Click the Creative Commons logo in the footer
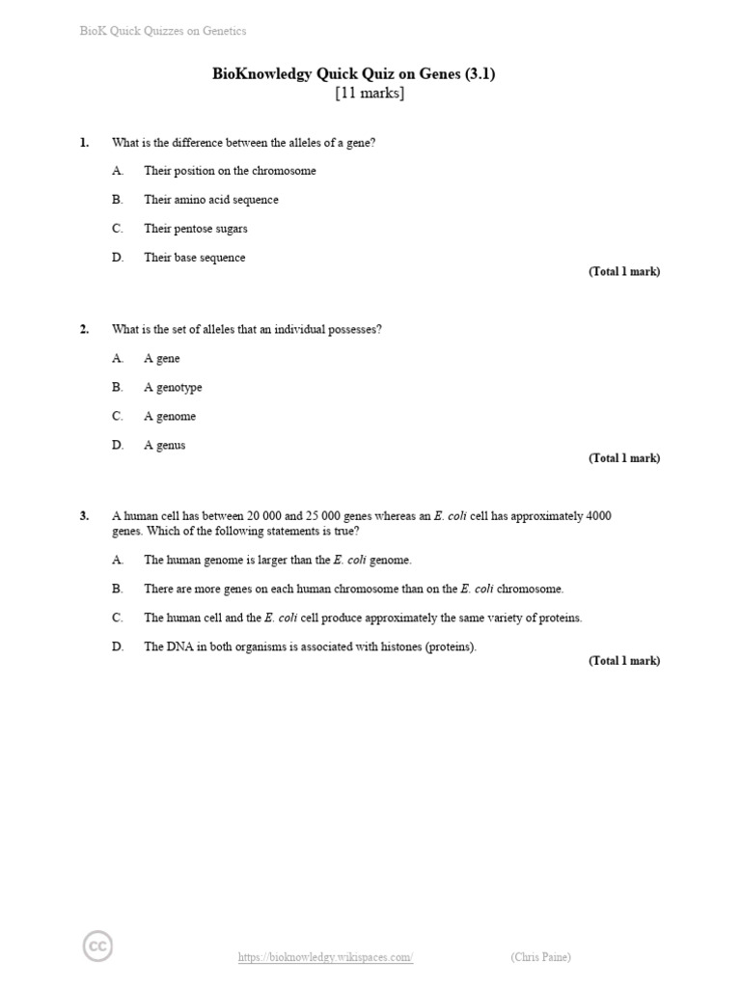point(97,947)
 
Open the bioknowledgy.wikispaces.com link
point(325,957)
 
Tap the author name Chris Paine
point(540,957)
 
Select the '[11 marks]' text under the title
point(370,94)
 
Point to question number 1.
point(84,143)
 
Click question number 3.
point(84,516)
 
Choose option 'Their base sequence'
point(194,258)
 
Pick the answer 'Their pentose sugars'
point(195,229)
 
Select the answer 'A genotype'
point(173,387)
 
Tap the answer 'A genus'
point(164,445)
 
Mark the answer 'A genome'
point(170,416)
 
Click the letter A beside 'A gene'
point(117,358)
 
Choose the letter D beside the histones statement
point(117,646)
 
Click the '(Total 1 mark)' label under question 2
point(624,458)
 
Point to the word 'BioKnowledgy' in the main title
point(261,74)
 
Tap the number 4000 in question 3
point(597,516)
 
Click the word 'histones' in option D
point(398,646)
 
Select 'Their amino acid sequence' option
point(210,200)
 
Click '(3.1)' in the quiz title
point(478,74)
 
